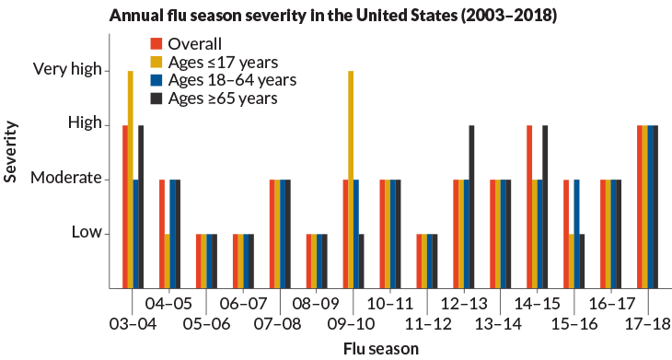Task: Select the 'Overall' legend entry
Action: coord(195,43)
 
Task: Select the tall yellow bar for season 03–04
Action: coord(131,179)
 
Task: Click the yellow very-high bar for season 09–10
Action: coord(351,179)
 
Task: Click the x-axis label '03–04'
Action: coord(133,324)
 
